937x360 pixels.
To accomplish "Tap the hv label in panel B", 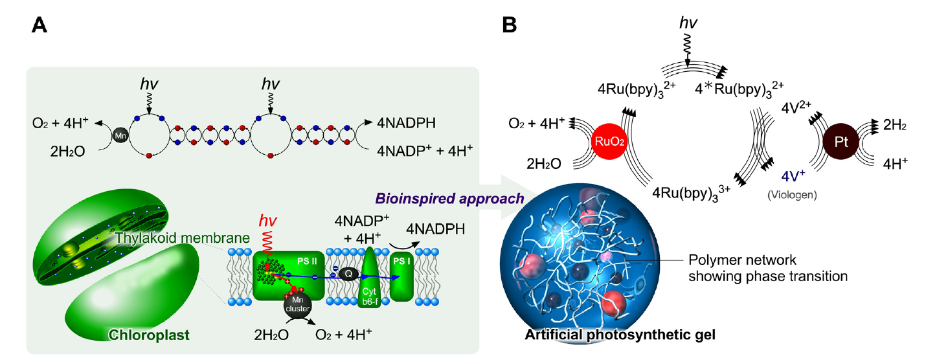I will [x=688, y=23].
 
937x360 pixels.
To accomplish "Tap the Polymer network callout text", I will [x=768, y=267].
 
